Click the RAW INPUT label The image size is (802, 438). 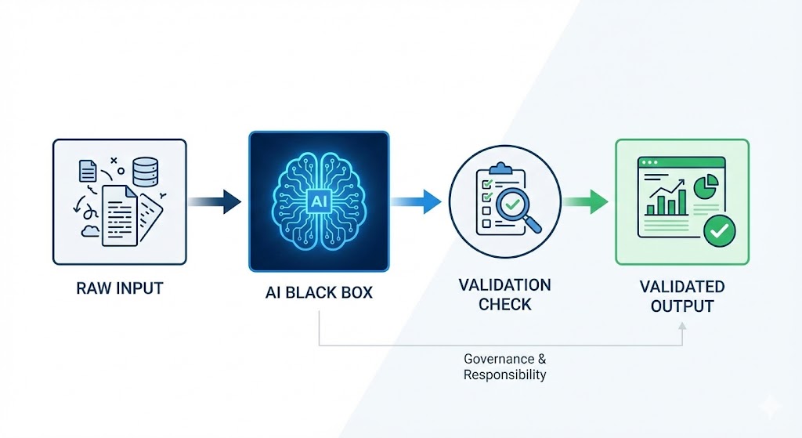pyautogui.click(x=119, y=288)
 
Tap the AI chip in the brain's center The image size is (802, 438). pyautogui.click(x=319, y=201)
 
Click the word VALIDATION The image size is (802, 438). pyautogui.click(x=504, y=284)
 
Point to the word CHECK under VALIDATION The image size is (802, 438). pyautogui.click(x=504, y=304)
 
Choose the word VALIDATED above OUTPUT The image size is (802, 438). pyautogui.click(x=681, y=286)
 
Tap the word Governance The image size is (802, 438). pyautogui.click(x=504, y=359)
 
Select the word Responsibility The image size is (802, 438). pyautogui.click(x=504, y=375)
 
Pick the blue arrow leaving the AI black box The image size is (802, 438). pyautogui.click(x=419, y=201)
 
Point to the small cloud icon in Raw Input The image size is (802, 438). pyautogui.click(x=89, y=229)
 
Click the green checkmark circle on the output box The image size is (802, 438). pyautogui.click(x=719, y=231)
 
